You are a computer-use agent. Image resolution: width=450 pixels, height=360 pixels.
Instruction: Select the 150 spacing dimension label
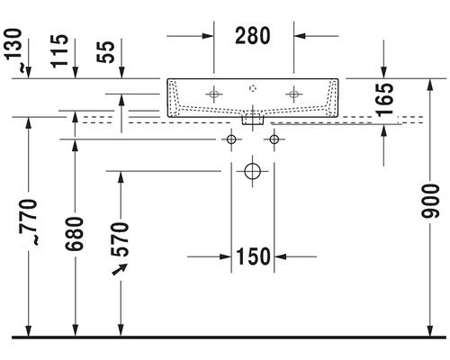[254, 257]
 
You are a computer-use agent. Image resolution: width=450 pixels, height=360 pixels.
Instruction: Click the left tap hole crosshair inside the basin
[213, 92]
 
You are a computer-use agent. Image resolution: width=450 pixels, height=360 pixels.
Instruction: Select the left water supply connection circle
[232, 139]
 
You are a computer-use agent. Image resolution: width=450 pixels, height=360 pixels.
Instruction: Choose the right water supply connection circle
[274, 139]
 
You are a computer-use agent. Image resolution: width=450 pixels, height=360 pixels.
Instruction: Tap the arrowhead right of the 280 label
[302, 37]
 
